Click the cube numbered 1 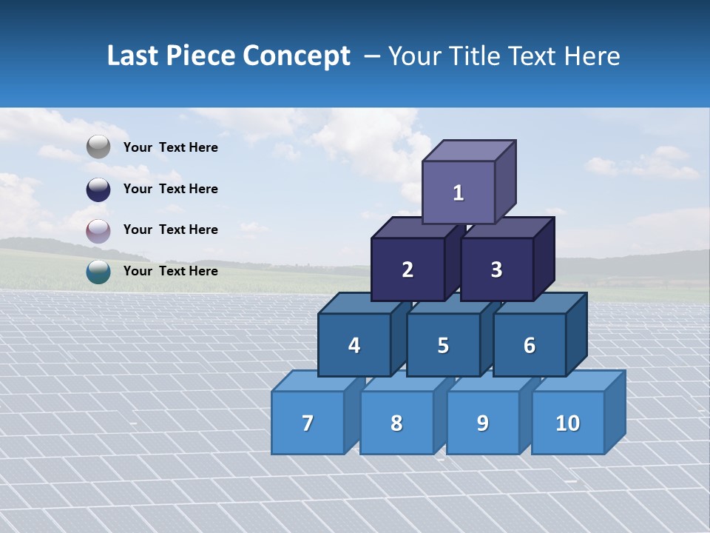(x=459, y=192)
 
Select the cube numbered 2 (x=408, y=269)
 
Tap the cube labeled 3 (x=496, y=269)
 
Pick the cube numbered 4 (x=354, y=345)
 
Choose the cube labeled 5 (x=443, y=345)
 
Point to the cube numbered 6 (x=530, y=345)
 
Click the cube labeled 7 (x=308, y=423)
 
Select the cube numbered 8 (x=396, y=423)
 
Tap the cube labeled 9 (x=482, y=423)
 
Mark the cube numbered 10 (x=568, y=423)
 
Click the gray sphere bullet (x=98, y=147)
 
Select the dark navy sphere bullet (x=98, y=189)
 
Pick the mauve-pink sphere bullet (x=98, y=230)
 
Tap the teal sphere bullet (x=98, y=271)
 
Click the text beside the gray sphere (x=170, y=147)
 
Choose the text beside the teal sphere (x=170, y=271)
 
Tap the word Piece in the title (x=200, y=56)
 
